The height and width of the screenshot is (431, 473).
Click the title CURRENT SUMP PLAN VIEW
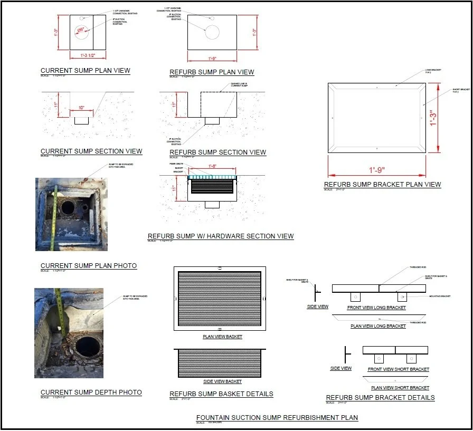(85, 71)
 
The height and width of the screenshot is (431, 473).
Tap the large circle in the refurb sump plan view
(212, 32)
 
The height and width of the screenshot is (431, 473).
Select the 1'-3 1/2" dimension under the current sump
(88, 55)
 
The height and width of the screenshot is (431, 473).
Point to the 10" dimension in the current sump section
(81, 108)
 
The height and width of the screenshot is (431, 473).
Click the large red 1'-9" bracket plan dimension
(377, 170)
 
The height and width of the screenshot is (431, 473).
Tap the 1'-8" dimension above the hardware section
(212, 166)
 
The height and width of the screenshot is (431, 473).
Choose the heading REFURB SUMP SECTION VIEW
(217, 152)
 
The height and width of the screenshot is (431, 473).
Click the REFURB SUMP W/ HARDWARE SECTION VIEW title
(221, 236)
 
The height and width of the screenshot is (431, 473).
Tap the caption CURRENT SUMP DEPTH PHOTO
(91, 392)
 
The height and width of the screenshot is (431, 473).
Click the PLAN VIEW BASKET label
(222, 337)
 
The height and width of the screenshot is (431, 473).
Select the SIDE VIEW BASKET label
(222, 381)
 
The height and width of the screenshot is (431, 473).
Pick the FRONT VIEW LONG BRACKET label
(376, 308)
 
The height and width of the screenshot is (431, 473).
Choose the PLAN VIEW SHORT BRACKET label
(400, 388)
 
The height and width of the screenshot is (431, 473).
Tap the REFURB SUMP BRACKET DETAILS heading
(380, 398)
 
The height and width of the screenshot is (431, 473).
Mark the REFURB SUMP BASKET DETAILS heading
(221, 394)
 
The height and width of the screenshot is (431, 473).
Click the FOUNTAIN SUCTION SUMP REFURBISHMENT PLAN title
(277, 418)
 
